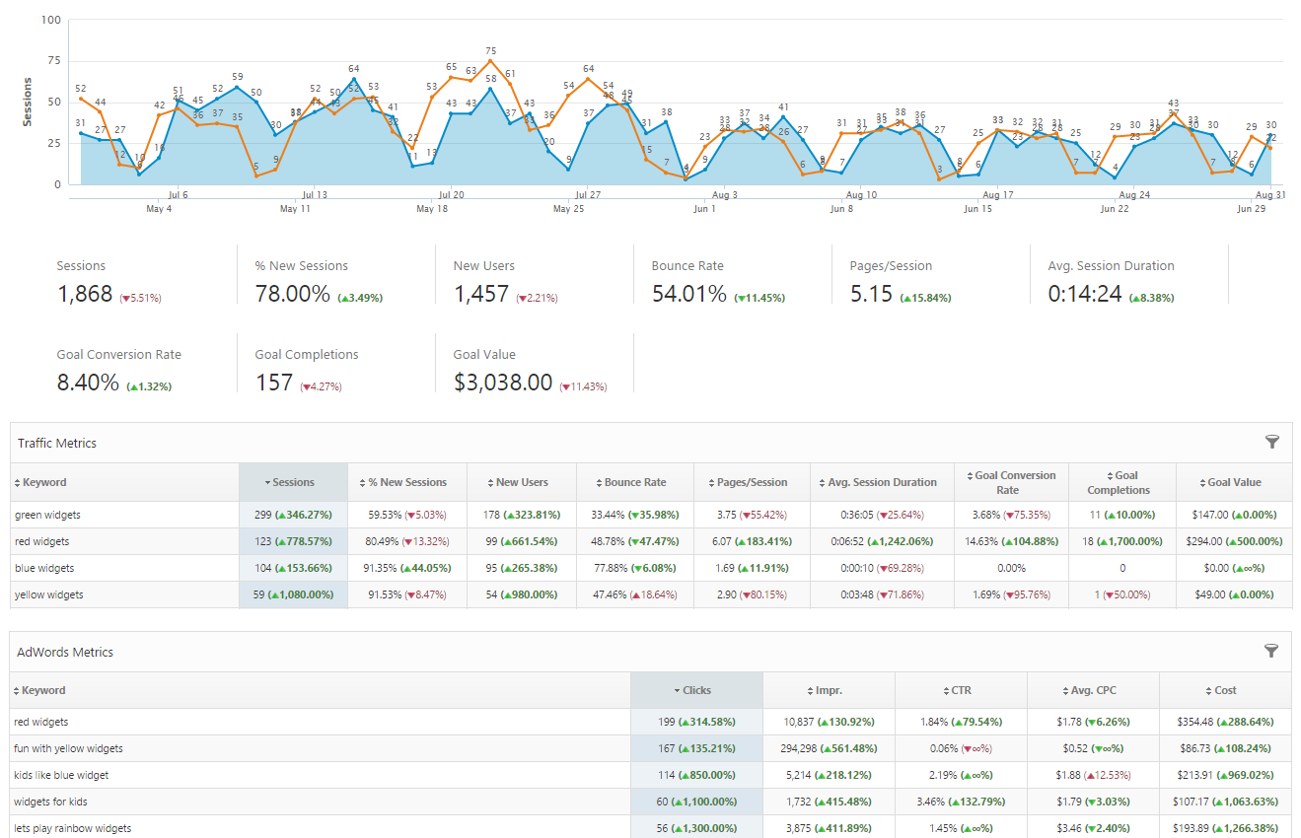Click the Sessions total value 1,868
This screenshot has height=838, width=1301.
pyautogui.click(x=85, y=294)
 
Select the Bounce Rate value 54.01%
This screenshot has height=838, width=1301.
pyautogui.click(x=688, y=294)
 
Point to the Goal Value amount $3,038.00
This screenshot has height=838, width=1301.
pyautogui.click(x=503, y=383)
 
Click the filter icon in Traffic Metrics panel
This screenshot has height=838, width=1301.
pyautogui.click(x=1271, y=443)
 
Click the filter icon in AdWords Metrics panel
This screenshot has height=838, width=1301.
pyautogui.click(x=1271, y=651)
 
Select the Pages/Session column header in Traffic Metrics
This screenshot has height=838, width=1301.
pyautogui.click(x=752, y=482)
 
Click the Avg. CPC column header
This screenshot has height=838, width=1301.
pyautogui.click(x=1093, y=690)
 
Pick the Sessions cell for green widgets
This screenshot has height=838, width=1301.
pyautogui.click(x=293, y=515)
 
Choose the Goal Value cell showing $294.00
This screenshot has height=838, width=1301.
pyautogui.click(x=1234, y=541)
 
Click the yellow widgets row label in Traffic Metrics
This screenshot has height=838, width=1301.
pyautogui.click(x=48, y=594)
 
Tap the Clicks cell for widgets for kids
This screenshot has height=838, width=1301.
pyautogui.click(x=696, y=802)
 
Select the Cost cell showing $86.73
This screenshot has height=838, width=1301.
pyautogui.click(x=1225, y=748)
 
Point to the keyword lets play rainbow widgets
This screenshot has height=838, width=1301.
pyautogui.click(x=72, y=828)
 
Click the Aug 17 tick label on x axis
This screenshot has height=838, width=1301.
pyautogui.click(x=998, y=195)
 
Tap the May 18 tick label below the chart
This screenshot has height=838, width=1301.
pyautogui.click(x=432, y=209)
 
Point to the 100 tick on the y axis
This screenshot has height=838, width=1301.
pyautogui.click(x=51, y=20)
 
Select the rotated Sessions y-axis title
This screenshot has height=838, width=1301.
pyautogui.click(x=28, y=102)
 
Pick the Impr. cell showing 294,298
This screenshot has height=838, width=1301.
pyautogui.click(x=829, y=748)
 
